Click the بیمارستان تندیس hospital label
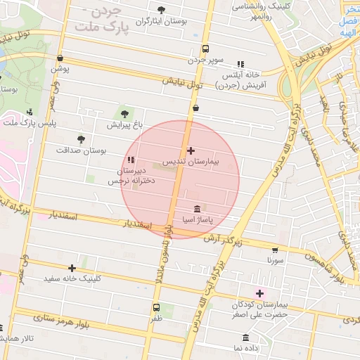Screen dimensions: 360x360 point(192,162)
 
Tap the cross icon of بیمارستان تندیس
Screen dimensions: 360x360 point(191,150)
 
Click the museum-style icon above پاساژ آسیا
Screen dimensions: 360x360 point(197,209)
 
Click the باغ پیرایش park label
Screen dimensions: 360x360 point(124,125)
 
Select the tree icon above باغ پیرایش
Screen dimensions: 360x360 point(125,112)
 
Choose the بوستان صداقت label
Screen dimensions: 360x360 point(81,150)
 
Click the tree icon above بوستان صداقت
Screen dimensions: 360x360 point(81,139)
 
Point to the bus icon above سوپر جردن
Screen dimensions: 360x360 point(205,49)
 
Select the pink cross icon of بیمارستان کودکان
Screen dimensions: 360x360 point(259,293)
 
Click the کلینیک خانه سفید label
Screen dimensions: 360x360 point(72,278)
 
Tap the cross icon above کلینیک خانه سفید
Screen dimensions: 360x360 point(72,267)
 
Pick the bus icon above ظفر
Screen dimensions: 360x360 point(156,307)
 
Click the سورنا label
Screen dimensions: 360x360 point(274,260)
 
